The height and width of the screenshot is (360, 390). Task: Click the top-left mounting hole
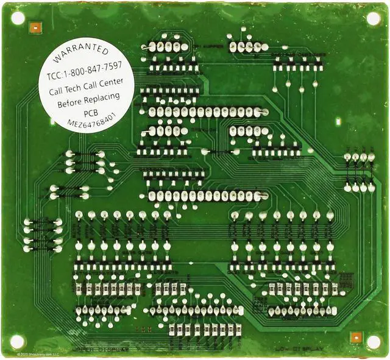pos(18,18)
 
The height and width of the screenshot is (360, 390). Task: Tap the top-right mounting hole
pos(373,18)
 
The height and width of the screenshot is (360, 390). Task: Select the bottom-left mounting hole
pos(18,341)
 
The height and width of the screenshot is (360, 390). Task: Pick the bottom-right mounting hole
pos(374,342)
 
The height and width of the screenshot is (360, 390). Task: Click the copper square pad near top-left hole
pos(35,27)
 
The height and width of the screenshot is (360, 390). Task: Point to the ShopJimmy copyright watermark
pos(38,354)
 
